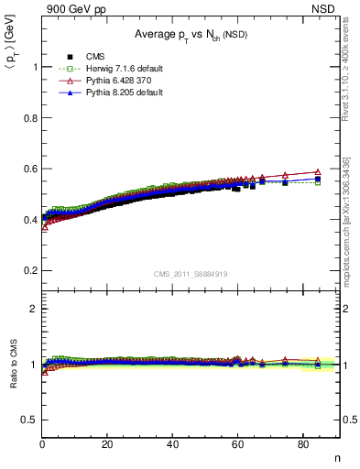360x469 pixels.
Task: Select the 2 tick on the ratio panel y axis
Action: [34, 309]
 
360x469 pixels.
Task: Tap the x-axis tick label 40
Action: [172, 444]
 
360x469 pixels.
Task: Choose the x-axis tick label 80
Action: [302, 444]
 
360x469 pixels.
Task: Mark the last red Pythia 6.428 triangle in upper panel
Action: [318, 171]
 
